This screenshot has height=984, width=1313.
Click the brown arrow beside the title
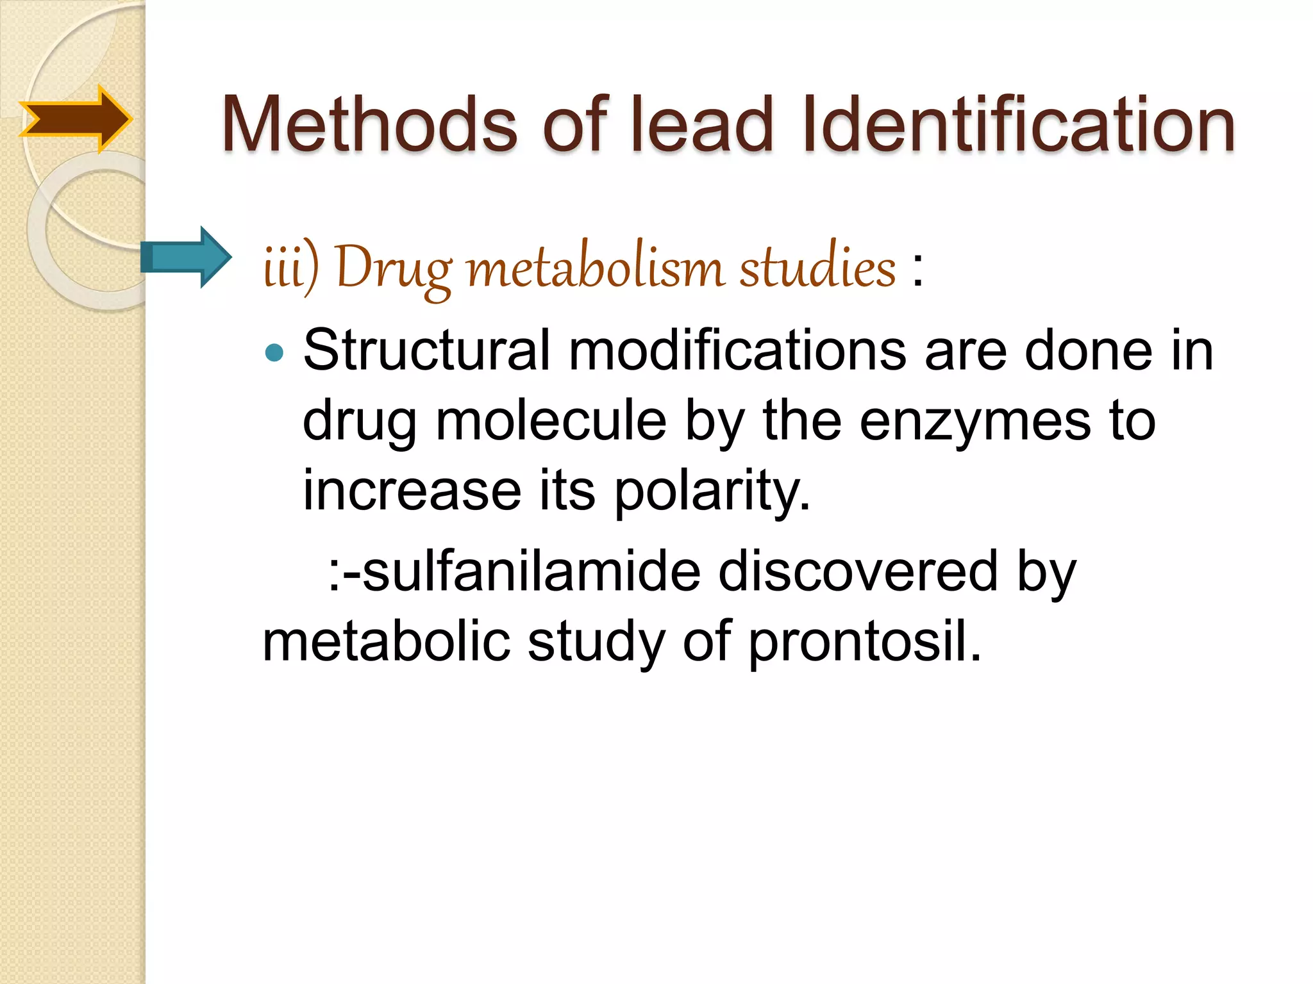point(76,119)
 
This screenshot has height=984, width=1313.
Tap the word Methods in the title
point(369,124)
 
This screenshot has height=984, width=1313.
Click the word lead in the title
point(702,124)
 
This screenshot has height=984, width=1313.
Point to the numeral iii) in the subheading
point(290,268)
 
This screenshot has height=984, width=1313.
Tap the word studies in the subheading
point(817,268)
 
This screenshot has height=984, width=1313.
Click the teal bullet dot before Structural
point(274,352)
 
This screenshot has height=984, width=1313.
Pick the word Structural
point(426,351)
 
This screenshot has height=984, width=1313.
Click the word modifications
point(737,351)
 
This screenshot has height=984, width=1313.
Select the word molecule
point(551,421)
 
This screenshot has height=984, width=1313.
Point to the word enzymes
point(974,421)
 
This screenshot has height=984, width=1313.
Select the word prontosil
point(865,643)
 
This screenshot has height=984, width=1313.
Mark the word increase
point(412,491)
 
